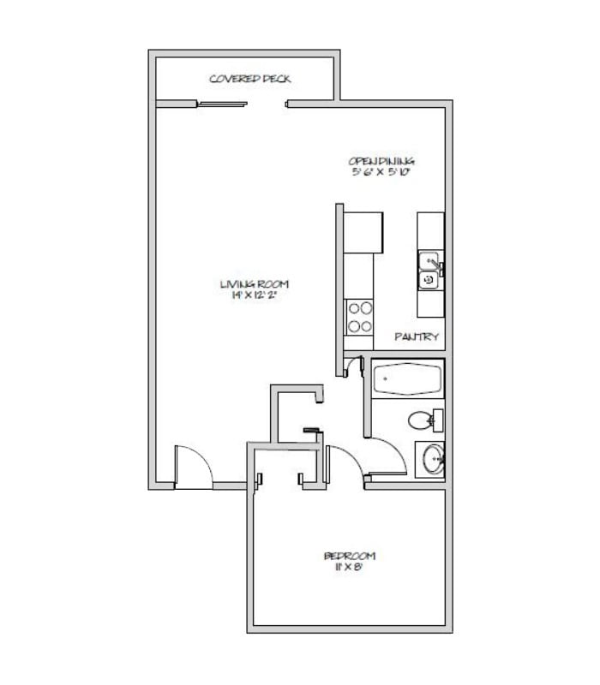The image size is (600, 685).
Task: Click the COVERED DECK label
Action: [x=250, y=80]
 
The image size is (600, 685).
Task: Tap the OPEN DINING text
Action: [x=381, y=161]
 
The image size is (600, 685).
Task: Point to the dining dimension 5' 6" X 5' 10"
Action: [x=381, y=172]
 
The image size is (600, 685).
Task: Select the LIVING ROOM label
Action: [x=254, y=284]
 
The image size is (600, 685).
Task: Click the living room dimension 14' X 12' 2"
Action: [x=252, y=295]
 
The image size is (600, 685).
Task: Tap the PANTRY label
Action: [x=417, y=337]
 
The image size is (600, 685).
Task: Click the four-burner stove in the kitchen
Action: [x=359, y=317]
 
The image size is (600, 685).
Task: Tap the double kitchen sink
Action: [x=428, y=270]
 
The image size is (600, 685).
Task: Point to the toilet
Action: [x=423, y=420]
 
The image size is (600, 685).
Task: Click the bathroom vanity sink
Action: [x=431, y=461]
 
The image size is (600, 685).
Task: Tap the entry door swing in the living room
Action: [x=192, y=467]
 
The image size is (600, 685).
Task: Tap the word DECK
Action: [x=276, y=80]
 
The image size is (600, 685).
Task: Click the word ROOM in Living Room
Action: [x=273, y=284]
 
